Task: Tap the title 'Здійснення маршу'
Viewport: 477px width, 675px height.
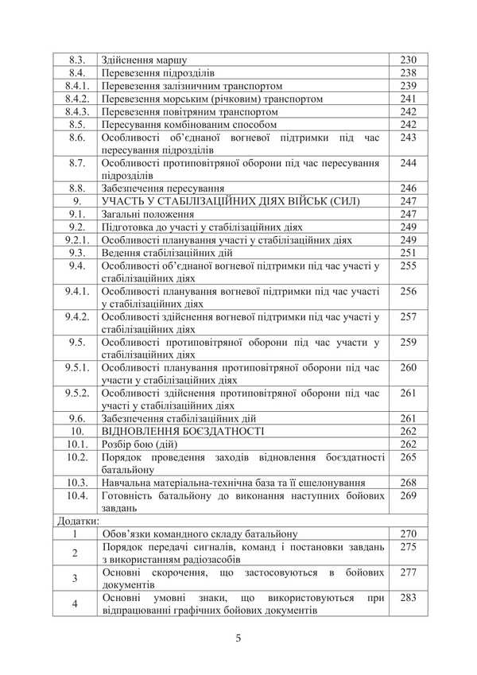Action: [139, 60]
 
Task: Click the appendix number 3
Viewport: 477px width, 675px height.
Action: [75, 578]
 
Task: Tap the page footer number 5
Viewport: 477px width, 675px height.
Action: [238, 638]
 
